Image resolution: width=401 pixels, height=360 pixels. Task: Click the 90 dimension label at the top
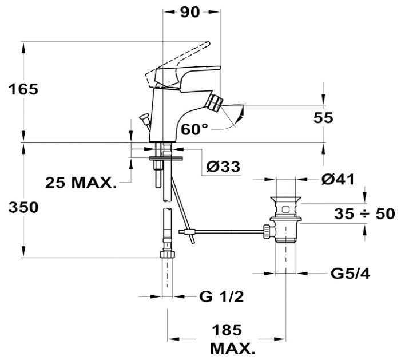(189, 12)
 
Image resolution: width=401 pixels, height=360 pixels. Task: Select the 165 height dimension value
(23, 89)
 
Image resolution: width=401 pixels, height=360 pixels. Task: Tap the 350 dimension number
(23, 207)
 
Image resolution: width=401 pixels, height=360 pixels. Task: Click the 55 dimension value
(323, 118)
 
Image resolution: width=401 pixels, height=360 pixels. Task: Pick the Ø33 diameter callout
(223, 167)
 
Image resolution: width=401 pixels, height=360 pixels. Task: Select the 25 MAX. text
(81, 183)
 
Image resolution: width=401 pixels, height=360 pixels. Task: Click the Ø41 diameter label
(338, 179)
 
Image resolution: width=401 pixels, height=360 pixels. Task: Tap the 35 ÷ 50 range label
(364, 214)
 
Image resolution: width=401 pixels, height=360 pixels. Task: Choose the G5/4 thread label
(350, 274)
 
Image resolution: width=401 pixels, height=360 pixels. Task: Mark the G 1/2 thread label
(221, 297)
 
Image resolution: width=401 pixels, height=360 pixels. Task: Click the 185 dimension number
(227, 330)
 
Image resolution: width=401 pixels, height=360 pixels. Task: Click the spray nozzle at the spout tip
(215, 102)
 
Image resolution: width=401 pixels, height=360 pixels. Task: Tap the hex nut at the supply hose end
(168, 254)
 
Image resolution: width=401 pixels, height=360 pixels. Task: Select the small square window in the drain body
(285, 210)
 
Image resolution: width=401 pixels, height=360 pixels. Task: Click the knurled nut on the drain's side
(266, 232)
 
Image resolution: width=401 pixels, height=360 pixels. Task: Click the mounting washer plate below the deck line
(166, 158)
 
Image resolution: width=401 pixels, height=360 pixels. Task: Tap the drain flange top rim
(285, 198)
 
